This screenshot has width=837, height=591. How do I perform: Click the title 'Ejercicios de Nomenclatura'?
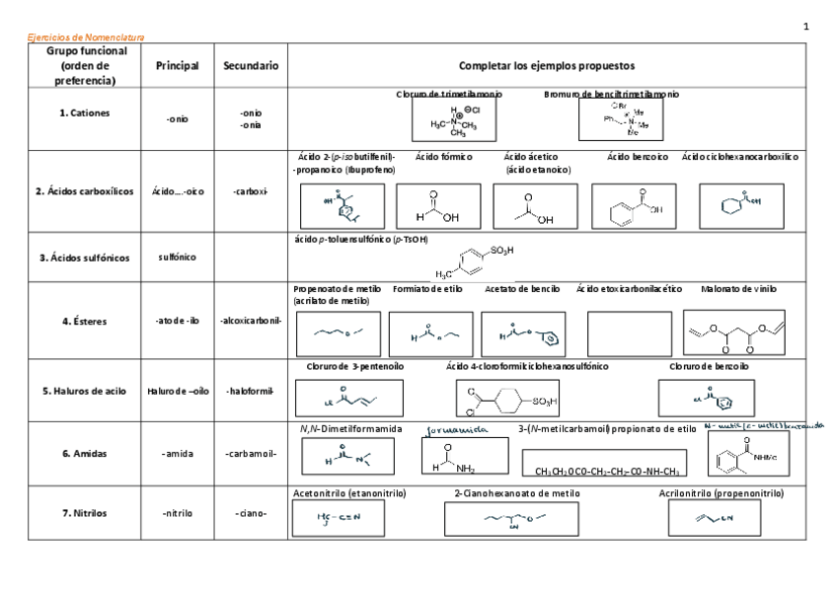click(x=86, y=37)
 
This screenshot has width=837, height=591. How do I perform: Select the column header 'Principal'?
click(x=177, y=66)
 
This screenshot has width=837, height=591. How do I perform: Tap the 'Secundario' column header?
click(x=250, y=66)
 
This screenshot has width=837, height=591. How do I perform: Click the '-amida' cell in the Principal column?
click(x=177, y=454)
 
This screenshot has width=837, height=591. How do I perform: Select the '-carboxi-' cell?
click(x=250, y=191)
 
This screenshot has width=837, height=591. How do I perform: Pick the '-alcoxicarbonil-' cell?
click(x=250, y=321)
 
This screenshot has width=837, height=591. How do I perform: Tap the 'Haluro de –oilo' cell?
click(x=177, y=391)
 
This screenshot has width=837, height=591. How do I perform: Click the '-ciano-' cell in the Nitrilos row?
click(x=250, y=513)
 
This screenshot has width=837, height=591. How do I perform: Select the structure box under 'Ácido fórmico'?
click(x=438, y=206)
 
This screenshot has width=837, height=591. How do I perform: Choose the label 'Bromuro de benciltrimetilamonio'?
click(x=611, y=95)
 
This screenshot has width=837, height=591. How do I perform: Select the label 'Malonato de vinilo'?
click(x=738, y=290)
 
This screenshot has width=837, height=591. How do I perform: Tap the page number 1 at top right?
click(x=805, y=26)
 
